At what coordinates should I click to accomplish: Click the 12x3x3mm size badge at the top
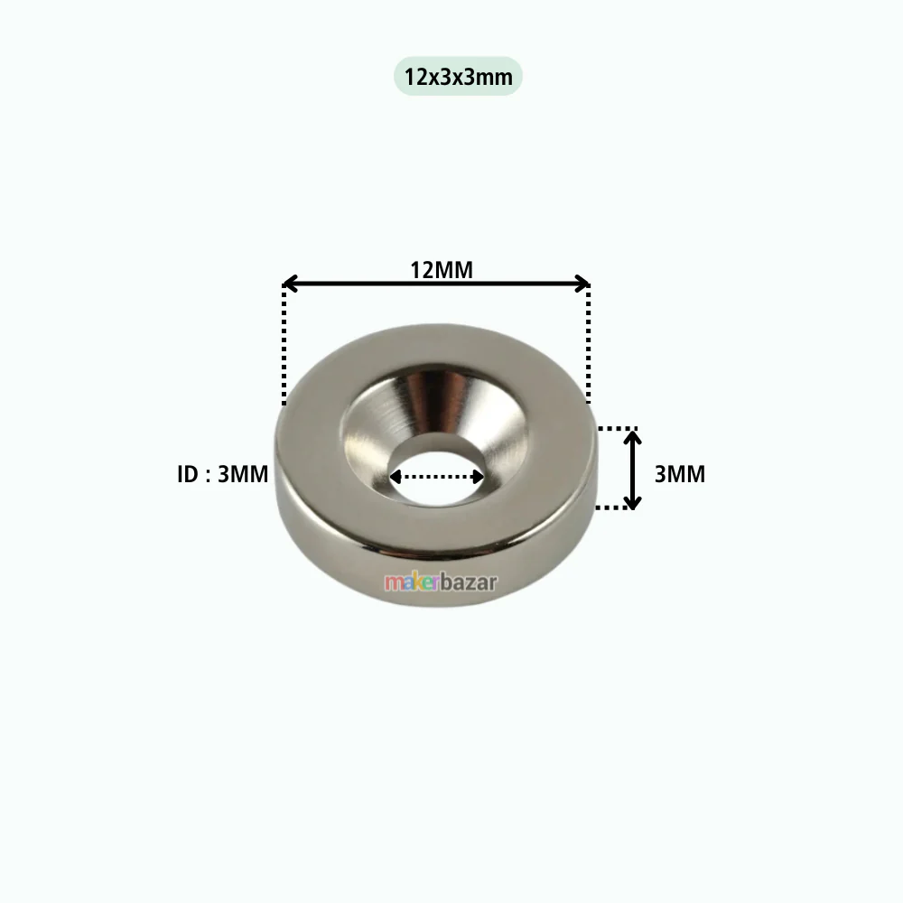[458, 76]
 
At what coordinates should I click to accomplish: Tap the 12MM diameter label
[442, 270]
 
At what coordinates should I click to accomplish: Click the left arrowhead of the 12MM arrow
[290, 284]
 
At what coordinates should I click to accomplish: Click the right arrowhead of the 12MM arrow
[582, 284]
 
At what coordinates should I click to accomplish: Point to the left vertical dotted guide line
[284, 345]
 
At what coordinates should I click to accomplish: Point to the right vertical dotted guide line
[588, 343]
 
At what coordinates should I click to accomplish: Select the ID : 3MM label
[222, 474]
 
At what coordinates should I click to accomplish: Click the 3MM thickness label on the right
[680, 474]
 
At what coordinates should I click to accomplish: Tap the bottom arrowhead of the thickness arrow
[633, 503]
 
